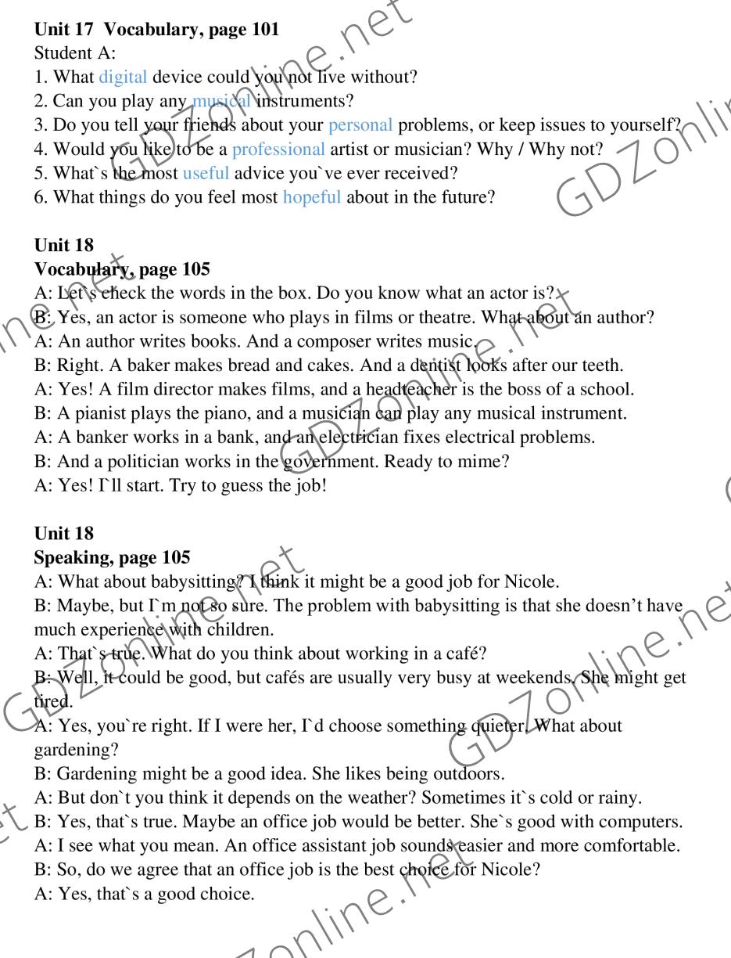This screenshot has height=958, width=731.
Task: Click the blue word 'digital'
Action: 123,77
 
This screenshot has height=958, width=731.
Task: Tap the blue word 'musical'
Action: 222,101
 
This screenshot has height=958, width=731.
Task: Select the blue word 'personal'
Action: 360,125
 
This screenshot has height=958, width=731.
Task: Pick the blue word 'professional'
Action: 278,149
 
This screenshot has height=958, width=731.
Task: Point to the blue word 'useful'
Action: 206,173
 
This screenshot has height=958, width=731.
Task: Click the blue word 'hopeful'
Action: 312,196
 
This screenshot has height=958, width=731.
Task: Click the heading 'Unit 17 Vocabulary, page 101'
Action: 156,30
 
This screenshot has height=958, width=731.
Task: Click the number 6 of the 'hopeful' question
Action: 39,196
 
